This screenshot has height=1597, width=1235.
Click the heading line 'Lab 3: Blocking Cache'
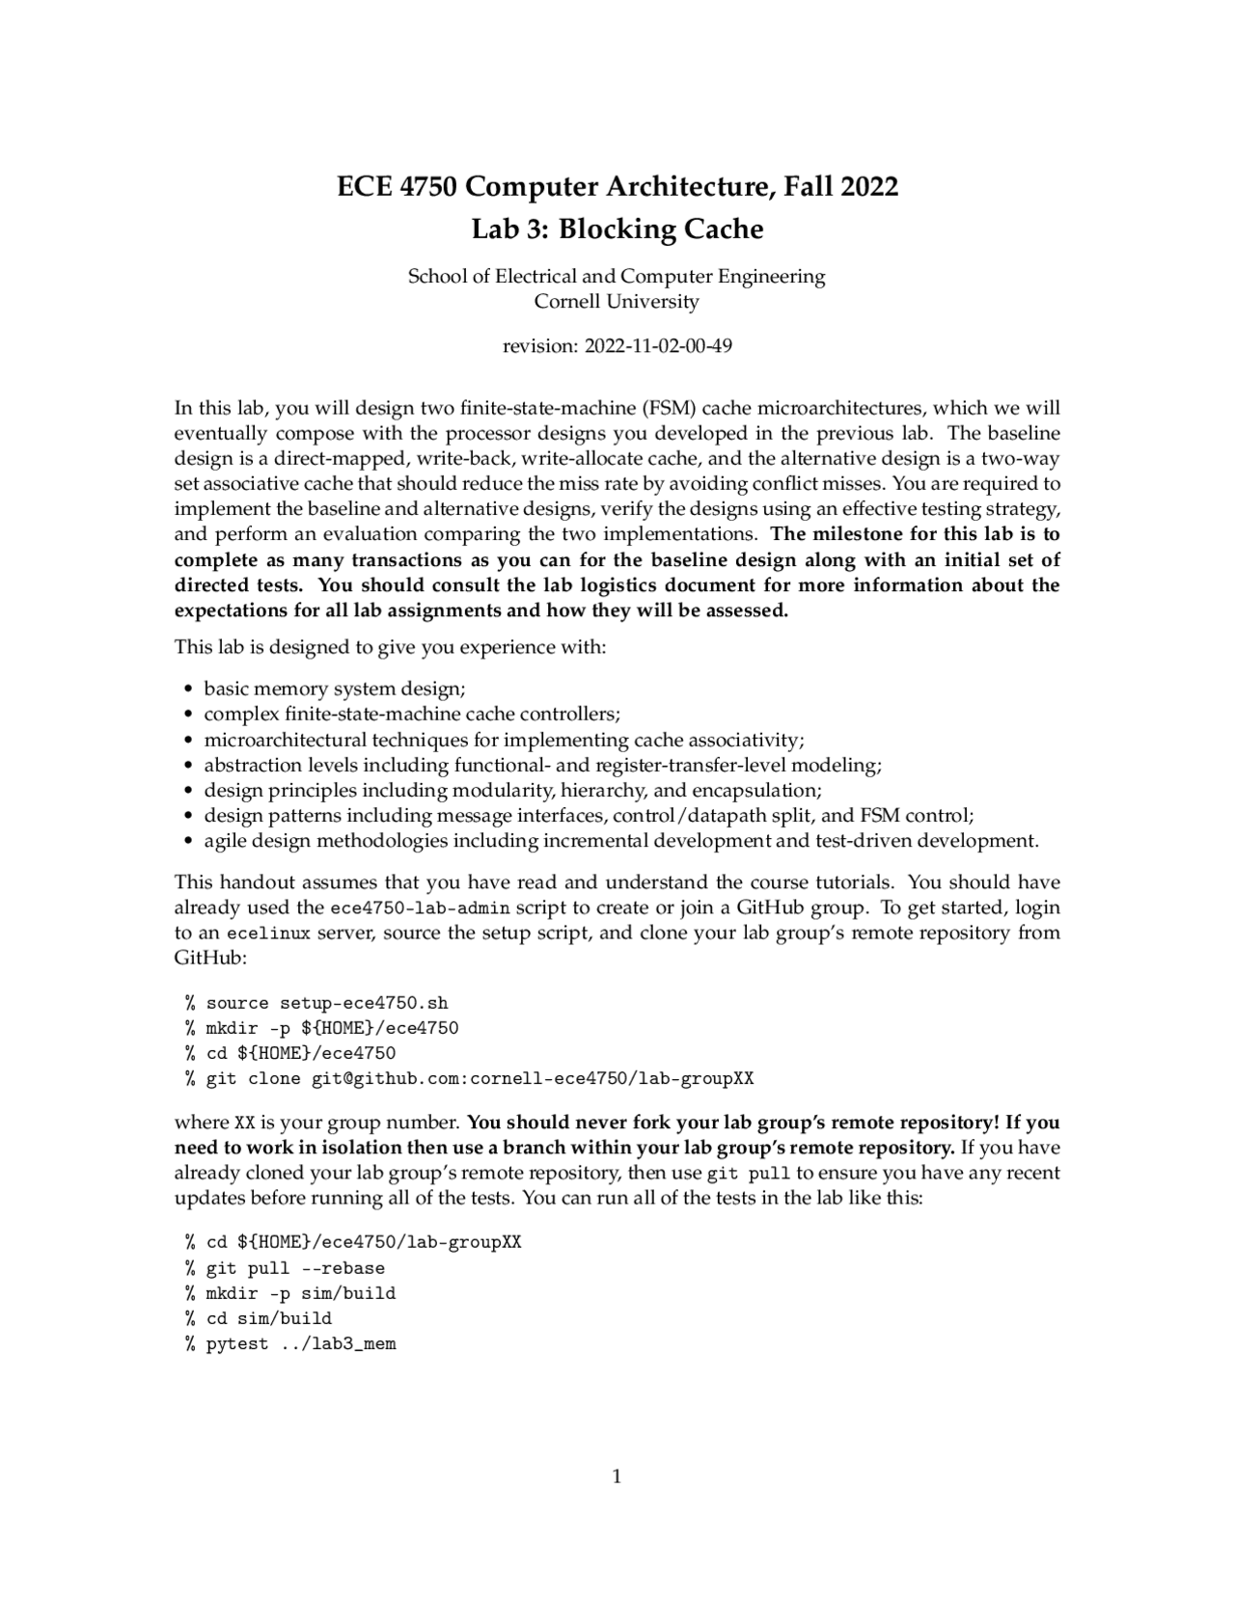[x=617, y=230]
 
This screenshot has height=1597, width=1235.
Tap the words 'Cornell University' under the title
[x=617, y=301]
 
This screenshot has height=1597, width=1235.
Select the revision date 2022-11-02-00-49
[x=659, y=345]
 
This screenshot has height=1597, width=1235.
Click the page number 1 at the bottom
[x=617, y=1476]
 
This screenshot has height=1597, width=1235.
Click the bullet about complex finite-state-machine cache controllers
[x=412, y=714]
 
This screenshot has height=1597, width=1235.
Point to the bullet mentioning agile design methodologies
[x=620, y=840]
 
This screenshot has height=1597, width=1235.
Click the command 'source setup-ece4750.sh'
[x=327, y=1003]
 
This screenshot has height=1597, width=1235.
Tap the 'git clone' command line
[x=480, y=1078]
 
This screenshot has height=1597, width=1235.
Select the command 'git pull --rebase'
[x=295, y=1268]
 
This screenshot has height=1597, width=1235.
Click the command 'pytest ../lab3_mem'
[x=301, y=1343]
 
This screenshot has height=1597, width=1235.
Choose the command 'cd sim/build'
[x=269, y=1318]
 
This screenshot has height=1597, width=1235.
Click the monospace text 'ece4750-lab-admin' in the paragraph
[x=420, y=908]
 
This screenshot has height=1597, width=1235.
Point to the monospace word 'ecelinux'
[x=268, y=934]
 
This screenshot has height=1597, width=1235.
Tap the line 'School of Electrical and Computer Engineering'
[x=617, y=276]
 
